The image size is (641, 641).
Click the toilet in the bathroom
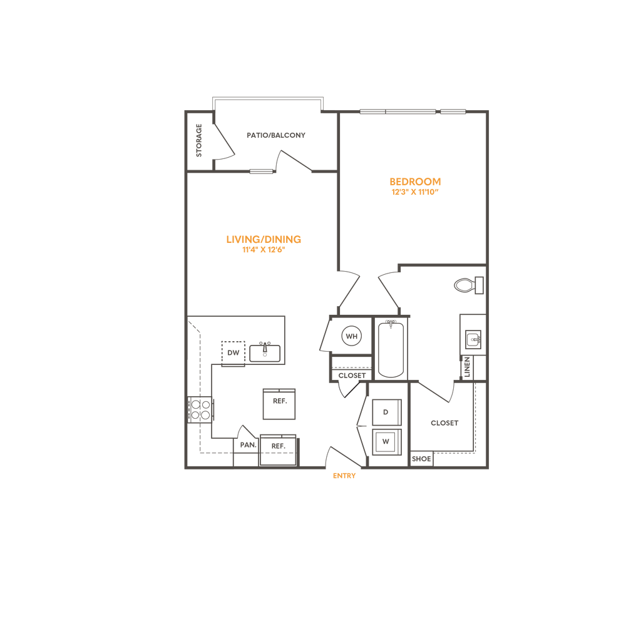coord(468,285)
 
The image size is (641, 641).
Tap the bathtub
coord(391,349)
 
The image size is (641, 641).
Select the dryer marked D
coord(386,412)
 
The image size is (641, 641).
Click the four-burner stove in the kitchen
coord(202,411)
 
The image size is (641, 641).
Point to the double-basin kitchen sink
coord(265,352)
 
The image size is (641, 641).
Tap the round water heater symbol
coord(350,336)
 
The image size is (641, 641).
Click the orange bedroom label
coord(416,187)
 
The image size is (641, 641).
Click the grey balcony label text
coord(275,135)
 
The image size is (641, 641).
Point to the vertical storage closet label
coord(199,141)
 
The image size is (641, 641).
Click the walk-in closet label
coord(444,423)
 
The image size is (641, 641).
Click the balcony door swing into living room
coord(294,160)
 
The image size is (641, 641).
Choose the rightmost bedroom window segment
coord(453,112)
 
